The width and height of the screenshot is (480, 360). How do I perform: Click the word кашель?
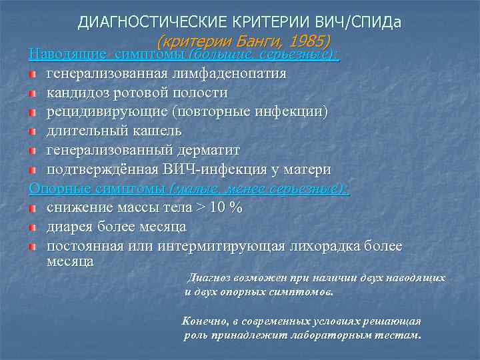(x=153, y=131)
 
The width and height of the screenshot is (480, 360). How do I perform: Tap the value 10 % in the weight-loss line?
(x=226, y=207)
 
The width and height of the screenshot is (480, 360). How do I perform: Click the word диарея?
(x=69, y=227)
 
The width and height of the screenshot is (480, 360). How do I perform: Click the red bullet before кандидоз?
(x=32, y=93)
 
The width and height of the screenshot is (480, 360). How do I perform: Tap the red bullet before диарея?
(x=32, y=227)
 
